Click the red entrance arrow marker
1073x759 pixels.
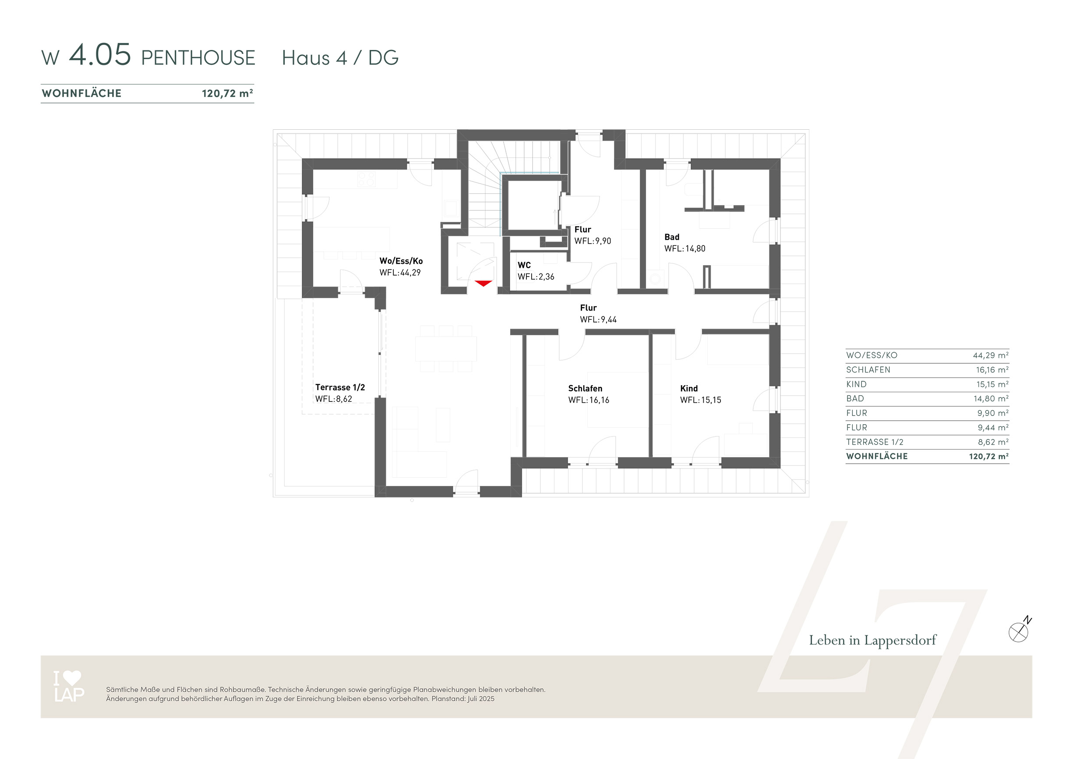[483, 284]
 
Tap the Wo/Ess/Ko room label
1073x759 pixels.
[401, 261]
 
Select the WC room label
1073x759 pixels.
[524, 265]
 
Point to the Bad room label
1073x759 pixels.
[672, 237]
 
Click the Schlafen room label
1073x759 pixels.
[585, 389]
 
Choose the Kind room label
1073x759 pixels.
[689, 389]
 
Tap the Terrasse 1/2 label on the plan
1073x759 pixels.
[340, 387]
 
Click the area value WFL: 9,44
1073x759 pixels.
[598, 320]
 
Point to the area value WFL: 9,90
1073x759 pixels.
[593, 241]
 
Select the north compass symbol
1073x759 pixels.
[1019, 631]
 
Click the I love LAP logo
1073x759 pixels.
[69, 686]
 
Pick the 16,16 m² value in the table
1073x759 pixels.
[992, 370]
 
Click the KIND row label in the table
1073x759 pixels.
[856, 384]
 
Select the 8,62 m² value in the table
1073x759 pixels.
[994, 442]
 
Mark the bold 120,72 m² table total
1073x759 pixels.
[989, 457]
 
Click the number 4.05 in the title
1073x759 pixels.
[100, 55]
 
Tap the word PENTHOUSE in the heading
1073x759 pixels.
[198, 58]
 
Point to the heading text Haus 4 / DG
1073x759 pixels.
[340, 58]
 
